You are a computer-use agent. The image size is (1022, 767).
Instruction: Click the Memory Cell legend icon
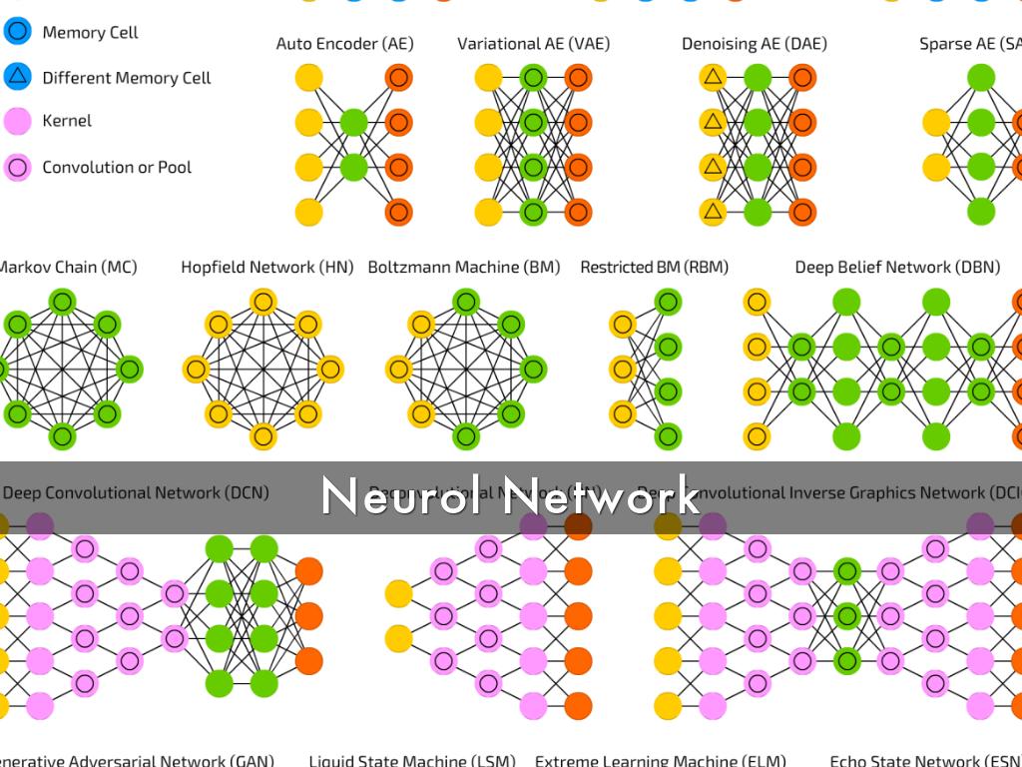pyautogui.click(x=17, y=31)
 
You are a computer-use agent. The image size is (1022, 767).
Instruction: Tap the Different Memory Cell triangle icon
pyautogui.click(x=17, y=76)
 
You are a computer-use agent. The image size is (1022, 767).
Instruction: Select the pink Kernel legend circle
pyautogui.click(x=17, y=122)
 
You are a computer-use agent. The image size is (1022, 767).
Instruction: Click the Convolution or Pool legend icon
pyautogui.click(x=17, y=167)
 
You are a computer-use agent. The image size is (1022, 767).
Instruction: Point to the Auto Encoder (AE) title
pyautogui.click(x=344, y=44)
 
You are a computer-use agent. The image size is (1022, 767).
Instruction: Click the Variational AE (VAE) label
pyautogui.click(x=533, y=44)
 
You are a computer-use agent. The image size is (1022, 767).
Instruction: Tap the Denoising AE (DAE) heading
pyautogui.click(x=755, y=44)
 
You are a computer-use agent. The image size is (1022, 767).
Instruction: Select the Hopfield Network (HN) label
pyautogui.click(x=266, y=268)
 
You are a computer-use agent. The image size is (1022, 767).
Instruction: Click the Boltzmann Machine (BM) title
pyautogui.click(x=464, y=268)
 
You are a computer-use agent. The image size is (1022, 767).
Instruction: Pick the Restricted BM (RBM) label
pyautogui.click(x=654, y=268)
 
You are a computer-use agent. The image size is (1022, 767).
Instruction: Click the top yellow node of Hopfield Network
pyautogui.click(x=263, y=301)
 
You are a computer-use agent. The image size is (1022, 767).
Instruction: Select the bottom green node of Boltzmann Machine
pyautogui.click(x=465, y=436)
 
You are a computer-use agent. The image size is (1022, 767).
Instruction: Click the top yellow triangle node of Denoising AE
pyautogui.click(x=713, y=77)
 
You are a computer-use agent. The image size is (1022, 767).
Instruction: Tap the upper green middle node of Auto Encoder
pyautogui.click(x=353, y=122)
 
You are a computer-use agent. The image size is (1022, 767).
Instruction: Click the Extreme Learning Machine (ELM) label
pyautogui.click(x=661, y=760)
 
